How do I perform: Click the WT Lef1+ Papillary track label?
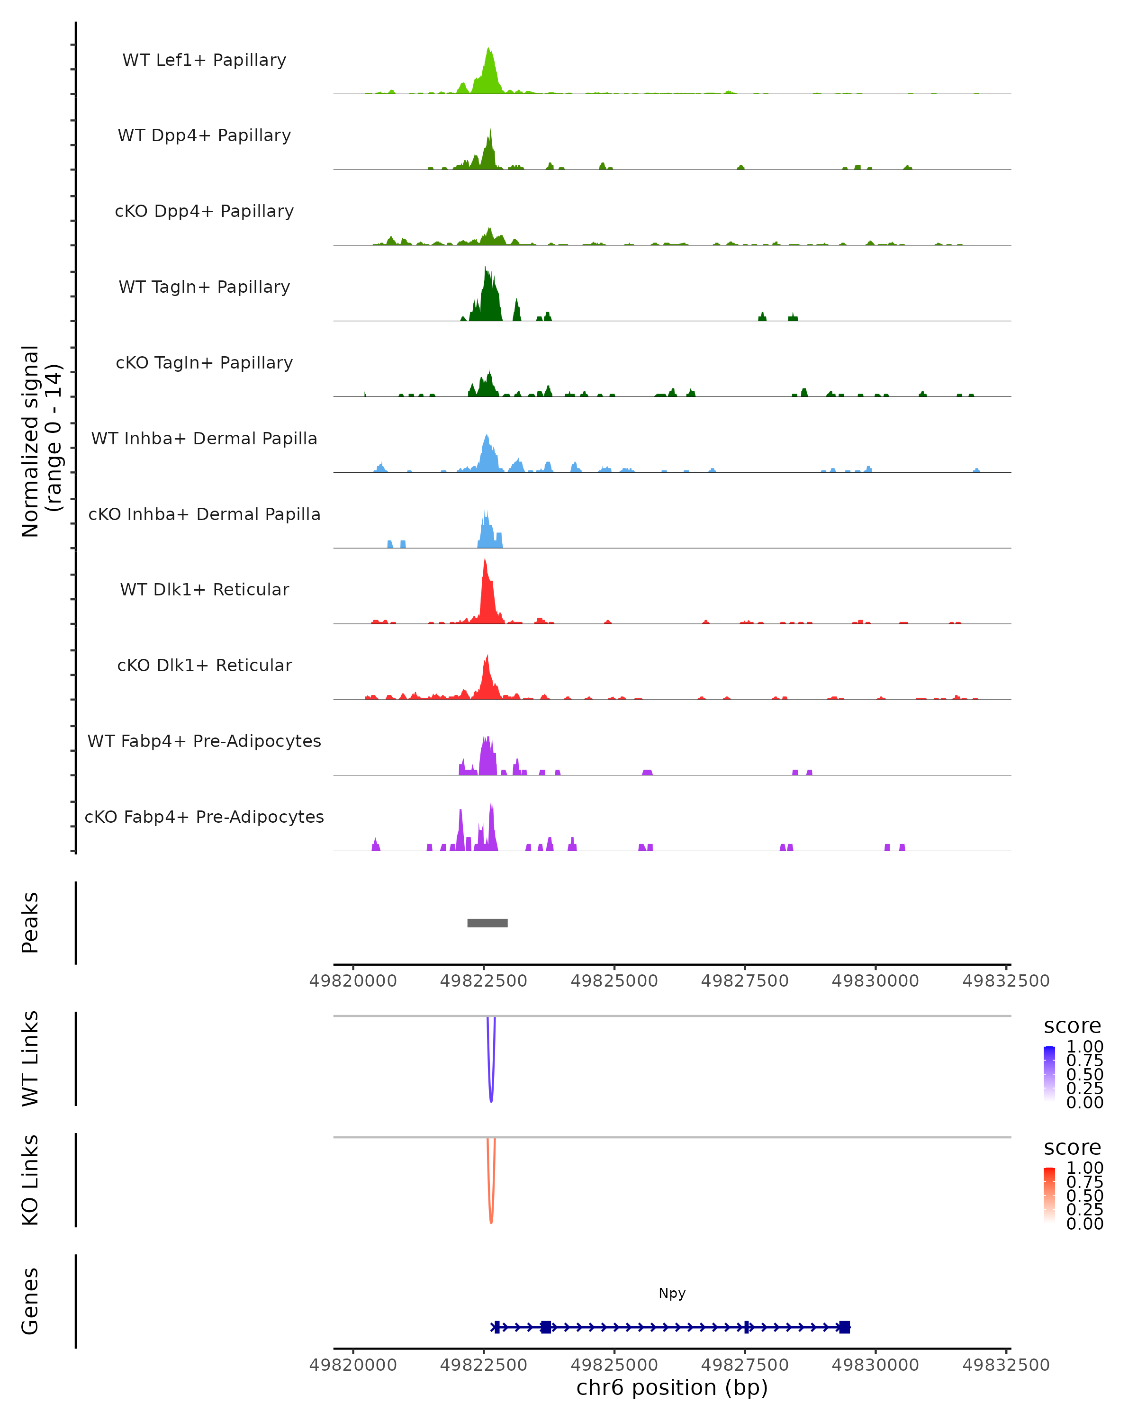click(204, 60)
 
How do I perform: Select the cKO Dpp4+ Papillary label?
click(204, 211)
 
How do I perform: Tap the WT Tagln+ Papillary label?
click(204, 287)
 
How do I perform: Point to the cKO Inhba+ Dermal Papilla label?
click(204, 514)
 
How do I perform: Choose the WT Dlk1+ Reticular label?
click(204, 589)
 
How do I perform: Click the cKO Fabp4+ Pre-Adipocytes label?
click(204, 817)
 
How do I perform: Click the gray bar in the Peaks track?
click(487, 923)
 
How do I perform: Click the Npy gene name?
click(672, 1293)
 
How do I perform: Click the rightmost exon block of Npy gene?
click(844, 1327)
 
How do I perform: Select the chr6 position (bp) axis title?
click(672, 1387)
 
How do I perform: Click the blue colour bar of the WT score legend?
click(1049, 1073)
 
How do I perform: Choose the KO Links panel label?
click(30, 1180)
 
